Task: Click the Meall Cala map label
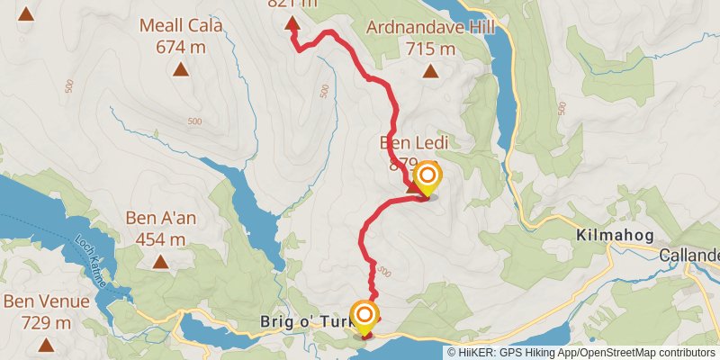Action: [180, 25]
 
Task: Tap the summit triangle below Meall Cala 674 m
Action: [180, 69]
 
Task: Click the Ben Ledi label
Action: [413, 142]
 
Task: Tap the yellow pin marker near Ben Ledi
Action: [427, 176]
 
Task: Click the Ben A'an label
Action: [161, 219]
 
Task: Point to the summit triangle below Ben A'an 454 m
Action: [161, 262]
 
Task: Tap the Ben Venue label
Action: [45, 301]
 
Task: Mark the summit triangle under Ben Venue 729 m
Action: [47, 345]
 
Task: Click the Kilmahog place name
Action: [611, 237]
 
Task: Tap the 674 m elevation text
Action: [180, 46]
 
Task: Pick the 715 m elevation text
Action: [431, 48]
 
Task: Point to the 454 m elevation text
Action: [161, 239]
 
